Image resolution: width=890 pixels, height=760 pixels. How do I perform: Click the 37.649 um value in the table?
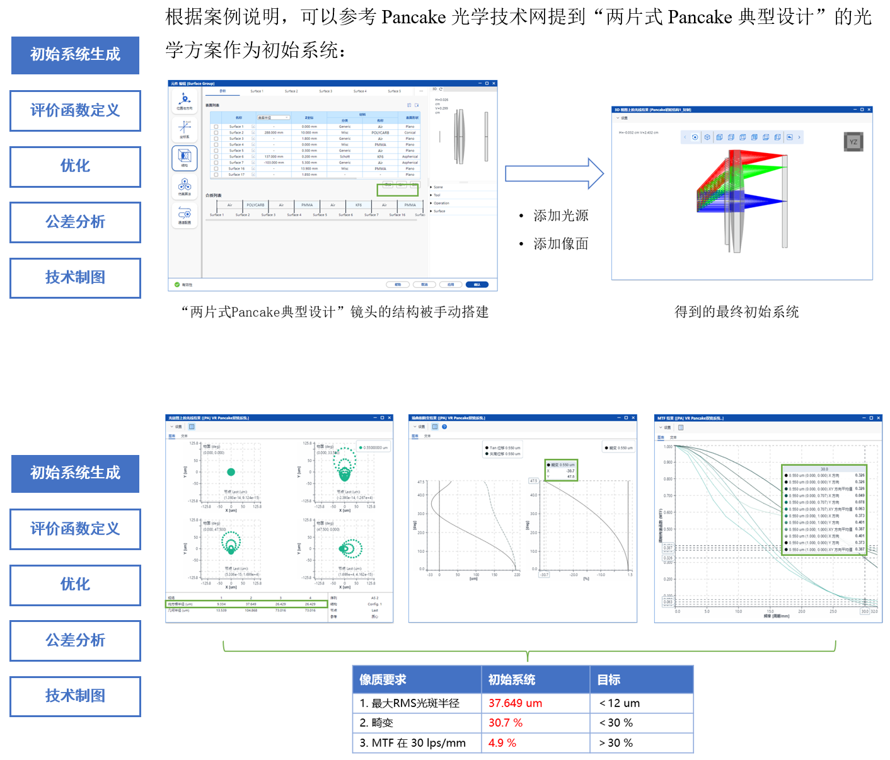pyautogui.click(x=515, y=703)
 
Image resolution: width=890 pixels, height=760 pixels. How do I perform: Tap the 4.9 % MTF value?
pyautogui.click(x=502, y=743)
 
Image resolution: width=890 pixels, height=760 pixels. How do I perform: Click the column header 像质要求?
pyautogui.click(x=383, y=680)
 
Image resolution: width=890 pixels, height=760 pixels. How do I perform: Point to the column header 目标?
pyautogui.click(x=609, y=680)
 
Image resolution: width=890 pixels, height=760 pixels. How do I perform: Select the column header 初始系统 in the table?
pyautogui.click(x=512, y=680)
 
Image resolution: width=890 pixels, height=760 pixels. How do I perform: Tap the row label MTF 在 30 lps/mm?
pyautogui.click(x=413, y=743)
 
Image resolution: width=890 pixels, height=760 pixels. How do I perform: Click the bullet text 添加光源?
pyautogui.click(x=561, y=216)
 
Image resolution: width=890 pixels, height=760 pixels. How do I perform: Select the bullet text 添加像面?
pyautogui.click(x=561, y=244)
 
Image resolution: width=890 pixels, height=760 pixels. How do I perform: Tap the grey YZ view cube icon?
pyautogui.click(x=853, y=142)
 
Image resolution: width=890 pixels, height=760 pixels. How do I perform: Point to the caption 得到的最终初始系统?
pyautogui.click(x=736, y=312)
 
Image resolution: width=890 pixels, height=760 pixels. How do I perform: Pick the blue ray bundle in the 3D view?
pyautogui.click(x=756, y=200)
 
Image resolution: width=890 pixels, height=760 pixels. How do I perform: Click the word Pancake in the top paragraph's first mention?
pyautogui.click(x=413, y=17)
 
